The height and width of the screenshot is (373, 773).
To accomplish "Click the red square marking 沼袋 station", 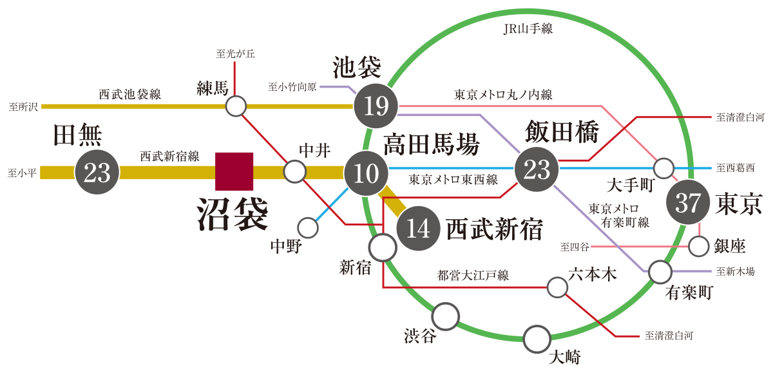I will coord(234,171).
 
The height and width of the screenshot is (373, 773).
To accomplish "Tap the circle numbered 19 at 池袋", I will coord(376,105).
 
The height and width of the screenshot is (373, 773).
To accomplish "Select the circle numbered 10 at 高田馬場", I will coord(366,171).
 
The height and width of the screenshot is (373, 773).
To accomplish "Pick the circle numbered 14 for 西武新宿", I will coord(418,229).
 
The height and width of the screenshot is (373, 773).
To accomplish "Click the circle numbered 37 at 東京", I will coord(687,204).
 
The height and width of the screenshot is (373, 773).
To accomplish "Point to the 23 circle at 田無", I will coord(97,172).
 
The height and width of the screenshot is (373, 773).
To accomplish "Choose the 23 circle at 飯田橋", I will coord(536,169).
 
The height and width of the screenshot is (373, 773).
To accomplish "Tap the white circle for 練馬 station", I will coord(236,106).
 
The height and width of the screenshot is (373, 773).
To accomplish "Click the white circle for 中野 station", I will coord(308,227).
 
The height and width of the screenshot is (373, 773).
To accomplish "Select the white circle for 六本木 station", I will coord(557,287).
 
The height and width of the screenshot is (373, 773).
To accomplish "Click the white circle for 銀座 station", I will coord(699,246).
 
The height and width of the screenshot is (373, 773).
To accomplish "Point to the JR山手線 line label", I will coord(530,29).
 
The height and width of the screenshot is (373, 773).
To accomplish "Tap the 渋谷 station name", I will coord(420,336).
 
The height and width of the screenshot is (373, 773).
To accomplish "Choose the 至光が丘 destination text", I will coord(235,54).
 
